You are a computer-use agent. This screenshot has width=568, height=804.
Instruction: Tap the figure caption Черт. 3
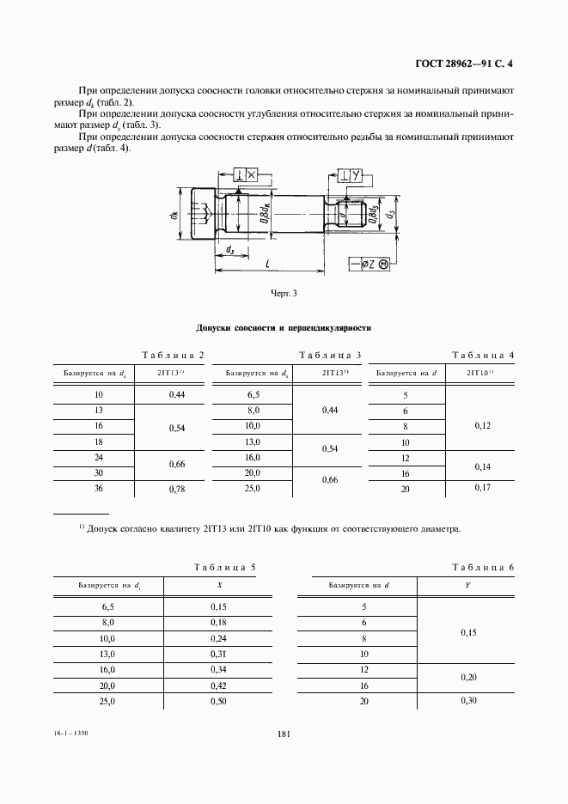coord(283,294)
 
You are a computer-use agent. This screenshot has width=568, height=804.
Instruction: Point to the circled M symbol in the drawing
coord(384,264)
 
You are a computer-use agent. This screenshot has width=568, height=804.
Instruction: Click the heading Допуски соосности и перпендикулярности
coord(283,328)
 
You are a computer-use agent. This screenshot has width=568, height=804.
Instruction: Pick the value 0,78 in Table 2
coord(178,489)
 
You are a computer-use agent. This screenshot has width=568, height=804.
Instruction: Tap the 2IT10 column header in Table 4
coord(479,374)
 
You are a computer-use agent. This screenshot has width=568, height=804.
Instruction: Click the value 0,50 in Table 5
coord(219,702)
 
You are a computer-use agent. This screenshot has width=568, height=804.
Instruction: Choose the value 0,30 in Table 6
coord(468,702)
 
